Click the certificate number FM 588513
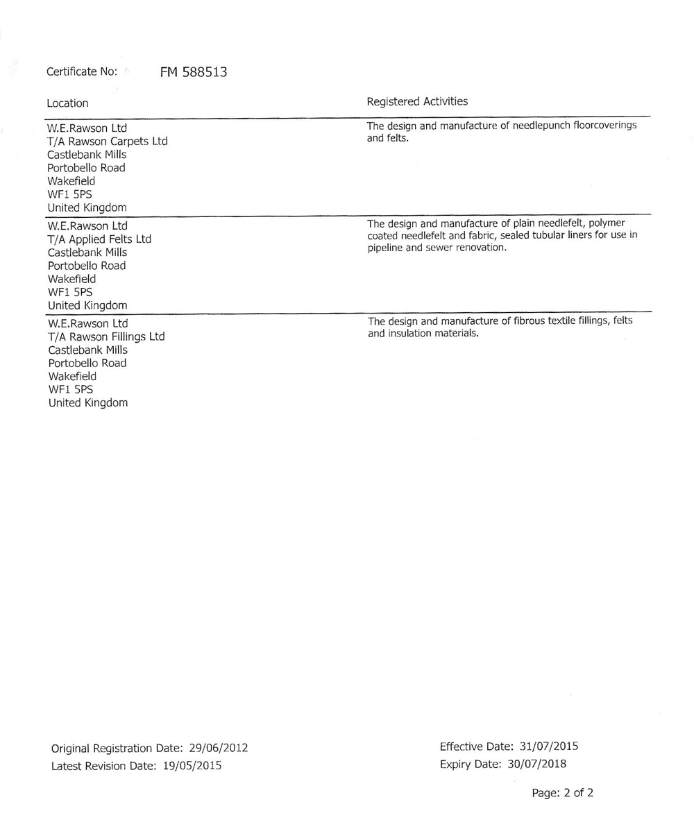[x=194, y=71]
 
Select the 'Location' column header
[x=67, y=103]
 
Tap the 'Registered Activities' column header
[x=417, y=101]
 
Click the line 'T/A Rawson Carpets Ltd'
[x=108, y=142]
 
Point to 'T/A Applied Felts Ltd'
[x=99, y=239]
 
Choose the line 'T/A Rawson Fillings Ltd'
[x=106, y=336]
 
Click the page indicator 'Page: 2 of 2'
[x=562, y=792]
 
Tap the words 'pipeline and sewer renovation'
[x=437, y=248]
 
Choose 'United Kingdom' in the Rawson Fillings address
[x=87, y=402]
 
